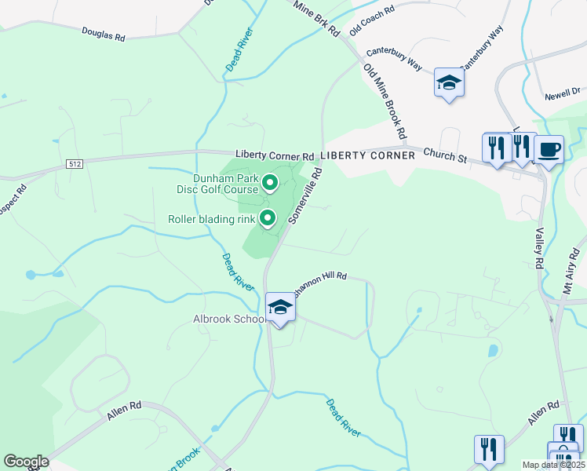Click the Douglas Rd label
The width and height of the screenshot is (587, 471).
pos(103,35)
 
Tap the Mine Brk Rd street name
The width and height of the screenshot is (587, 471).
pos(316,18)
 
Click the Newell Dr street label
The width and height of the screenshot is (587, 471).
pos(564,94)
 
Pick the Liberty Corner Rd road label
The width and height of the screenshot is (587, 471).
pos(275,155)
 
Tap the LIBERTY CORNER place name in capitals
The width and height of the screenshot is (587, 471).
pos(367,155)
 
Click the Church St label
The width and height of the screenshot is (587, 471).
pos(445,155)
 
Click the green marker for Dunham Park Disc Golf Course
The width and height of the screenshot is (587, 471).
pos(270,183)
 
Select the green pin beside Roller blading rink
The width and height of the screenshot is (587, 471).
pos(268,218)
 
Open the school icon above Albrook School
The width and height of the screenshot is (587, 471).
pos(280,306)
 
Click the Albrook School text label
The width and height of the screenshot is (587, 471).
pos(226,319)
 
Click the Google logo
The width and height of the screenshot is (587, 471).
pos(26,462)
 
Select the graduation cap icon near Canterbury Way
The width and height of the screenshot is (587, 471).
pos(449,82)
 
